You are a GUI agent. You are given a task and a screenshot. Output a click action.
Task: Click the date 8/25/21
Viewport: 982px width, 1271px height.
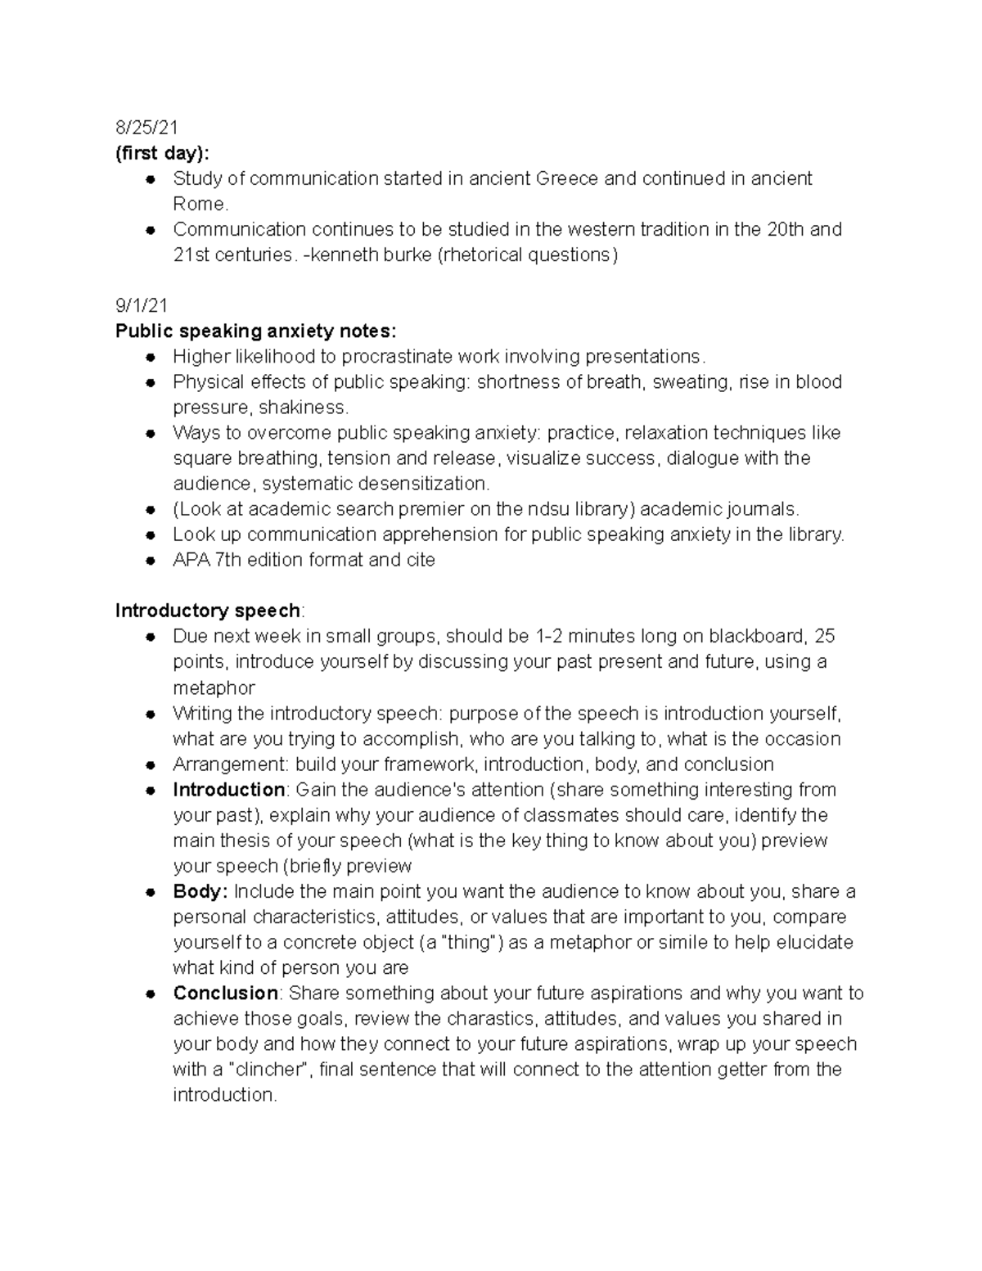coord(146,128)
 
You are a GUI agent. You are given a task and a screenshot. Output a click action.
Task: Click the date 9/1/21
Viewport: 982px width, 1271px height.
coord(142,306)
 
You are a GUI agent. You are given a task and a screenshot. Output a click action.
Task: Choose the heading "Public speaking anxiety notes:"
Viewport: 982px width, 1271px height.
coord(255,331)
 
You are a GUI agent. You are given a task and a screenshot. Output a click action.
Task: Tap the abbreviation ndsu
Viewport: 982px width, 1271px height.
coord(524,509)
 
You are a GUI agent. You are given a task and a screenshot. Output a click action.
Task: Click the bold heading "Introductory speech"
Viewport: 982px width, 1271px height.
coord(208,611)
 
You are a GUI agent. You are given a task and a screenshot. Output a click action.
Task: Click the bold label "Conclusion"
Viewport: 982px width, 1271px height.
coord(226,993)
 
